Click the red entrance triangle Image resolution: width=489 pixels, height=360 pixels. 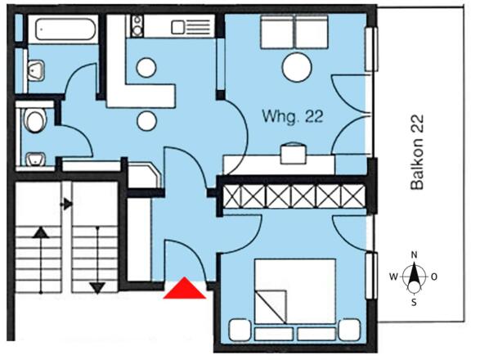[x=185, y=288]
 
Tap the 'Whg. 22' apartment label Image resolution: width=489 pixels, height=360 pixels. [x=293, y=116]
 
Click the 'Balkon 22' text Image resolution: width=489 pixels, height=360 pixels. [x=417, y=152]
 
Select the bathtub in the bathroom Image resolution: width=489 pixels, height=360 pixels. [x=65, y=29]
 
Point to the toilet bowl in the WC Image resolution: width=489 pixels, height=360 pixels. [x=34, y=120]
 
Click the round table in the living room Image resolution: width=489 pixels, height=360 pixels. [x=297, y=67]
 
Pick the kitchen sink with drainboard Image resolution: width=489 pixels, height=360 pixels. [x=191, y=27]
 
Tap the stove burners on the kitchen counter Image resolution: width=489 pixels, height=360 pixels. [x=137, y=26]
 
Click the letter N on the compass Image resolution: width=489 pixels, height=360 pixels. [x=414, y=255]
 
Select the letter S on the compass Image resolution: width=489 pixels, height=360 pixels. [x=414, y=302]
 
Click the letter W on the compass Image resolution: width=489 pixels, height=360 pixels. [x=393, y=277]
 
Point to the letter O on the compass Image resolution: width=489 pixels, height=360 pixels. [x=433, y=277]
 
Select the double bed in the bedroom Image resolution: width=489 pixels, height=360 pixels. [x=295, y=291]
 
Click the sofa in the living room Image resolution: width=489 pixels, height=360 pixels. [x=294, y=32]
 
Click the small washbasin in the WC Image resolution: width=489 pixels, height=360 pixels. [x=35, y=159]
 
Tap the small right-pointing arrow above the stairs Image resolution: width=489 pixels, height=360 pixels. [x=66, y=205]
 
